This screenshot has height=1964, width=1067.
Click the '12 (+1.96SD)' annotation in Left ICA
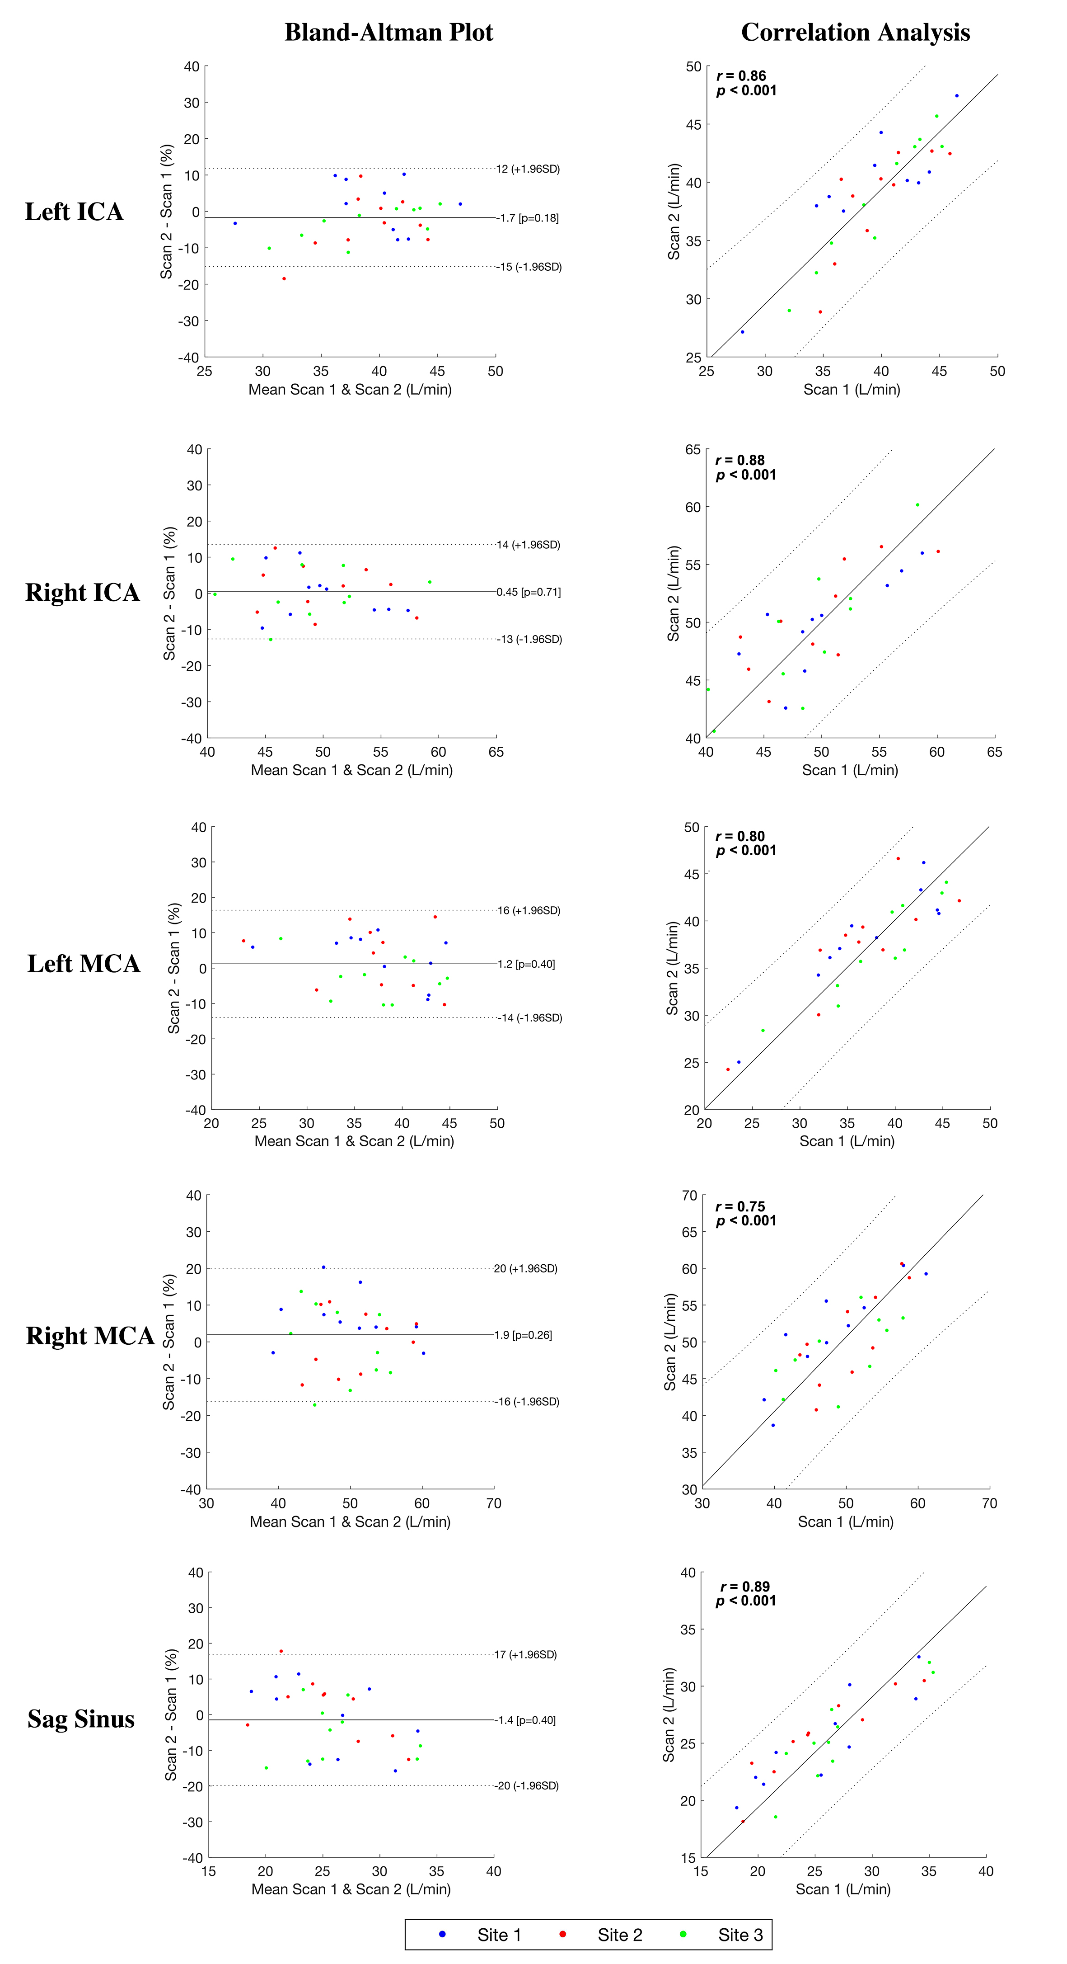(x=528, y=169)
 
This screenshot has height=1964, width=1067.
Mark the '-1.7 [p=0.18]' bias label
(x=528, y=218)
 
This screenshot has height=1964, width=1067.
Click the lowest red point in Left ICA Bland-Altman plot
(x=284, y=278)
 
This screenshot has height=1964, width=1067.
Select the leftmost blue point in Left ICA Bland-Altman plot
(x=235, y=223)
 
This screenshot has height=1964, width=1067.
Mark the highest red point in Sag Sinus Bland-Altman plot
(x=281, y=1651)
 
